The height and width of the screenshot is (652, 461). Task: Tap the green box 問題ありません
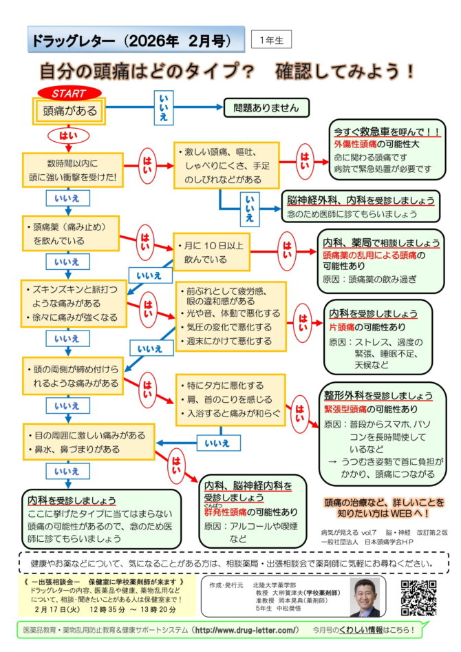pos(266,107)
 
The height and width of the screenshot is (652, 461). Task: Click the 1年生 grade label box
pos(271,40)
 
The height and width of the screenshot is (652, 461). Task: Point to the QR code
pos(420,596)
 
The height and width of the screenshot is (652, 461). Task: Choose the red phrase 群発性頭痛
pos(224,512)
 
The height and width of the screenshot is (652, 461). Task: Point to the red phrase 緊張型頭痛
pos(347,409)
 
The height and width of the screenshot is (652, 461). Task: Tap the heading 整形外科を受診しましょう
pos(378,396)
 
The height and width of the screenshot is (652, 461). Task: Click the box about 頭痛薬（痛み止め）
pos(69,233)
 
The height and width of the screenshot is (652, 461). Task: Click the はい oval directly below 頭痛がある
pos(68,135)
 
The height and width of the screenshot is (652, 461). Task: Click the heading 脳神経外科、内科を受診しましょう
pos(361,200)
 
